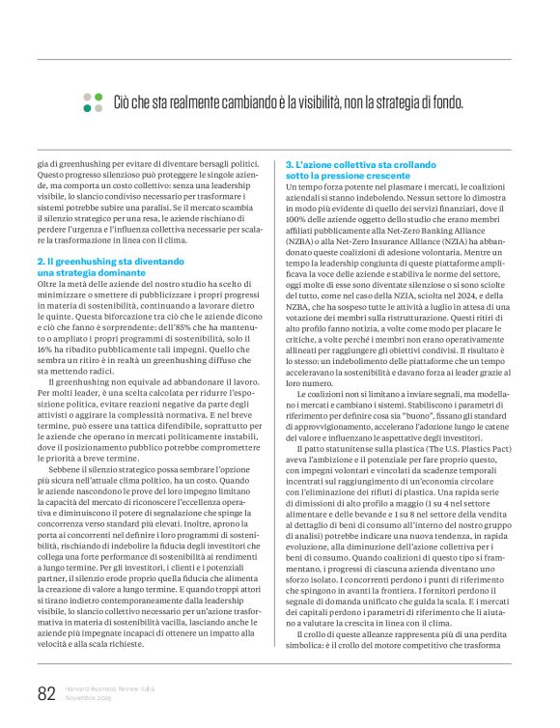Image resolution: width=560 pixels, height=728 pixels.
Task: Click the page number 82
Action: click(45, 693)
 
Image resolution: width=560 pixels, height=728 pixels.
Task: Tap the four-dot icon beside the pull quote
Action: click(93, 102)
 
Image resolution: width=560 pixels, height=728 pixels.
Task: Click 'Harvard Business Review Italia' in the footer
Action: click(110, 689)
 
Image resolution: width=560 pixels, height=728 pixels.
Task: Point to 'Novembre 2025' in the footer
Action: click(88, 698)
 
